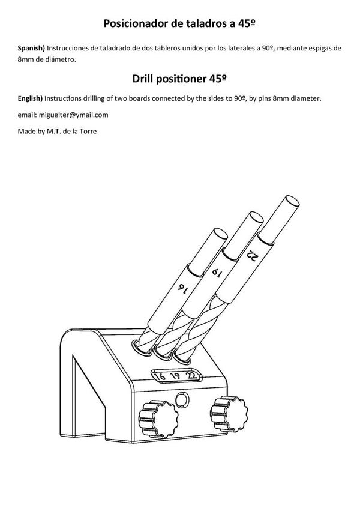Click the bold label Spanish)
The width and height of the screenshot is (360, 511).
tap(32, 47)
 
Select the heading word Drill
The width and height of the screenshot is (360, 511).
tap(143, 79)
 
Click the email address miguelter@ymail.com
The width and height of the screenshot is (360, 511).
tap(73, 115)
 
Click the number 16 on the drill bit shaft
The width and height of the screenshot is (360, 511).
tap(181, 287)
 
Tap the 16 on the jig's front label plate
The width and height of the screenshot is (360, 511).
tap(161, 378)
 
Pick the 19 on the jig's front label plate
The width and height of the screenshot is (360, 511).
tap(176, 377)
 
